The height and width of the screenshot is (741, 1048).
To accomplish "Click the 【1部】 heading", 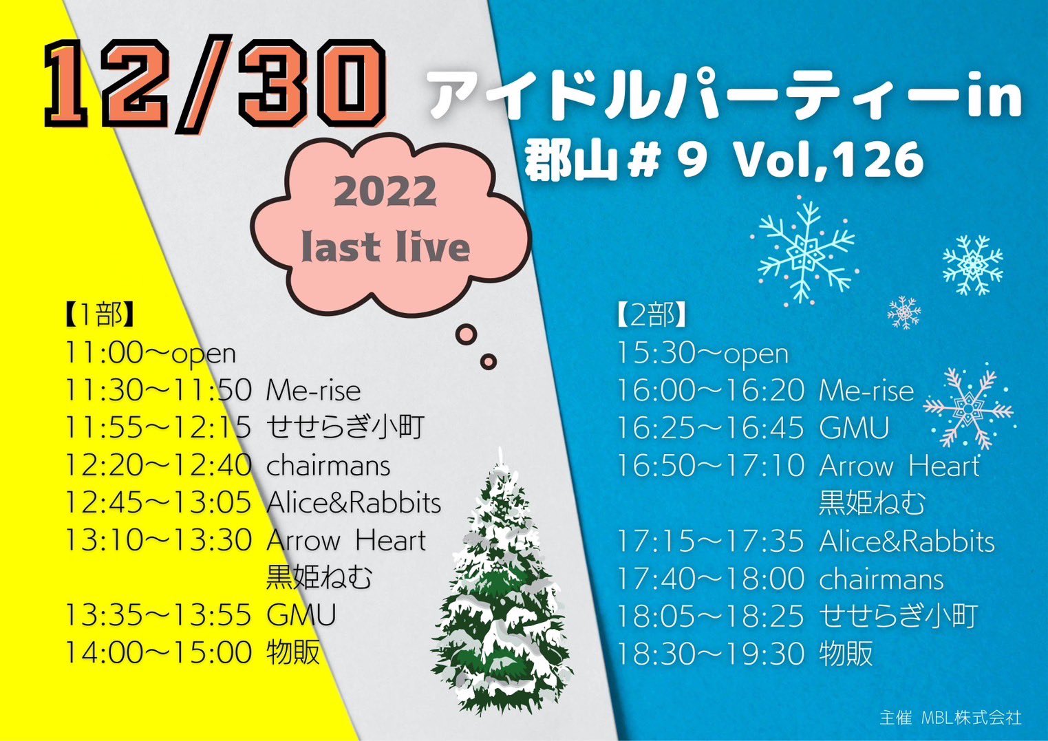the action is point(99,316).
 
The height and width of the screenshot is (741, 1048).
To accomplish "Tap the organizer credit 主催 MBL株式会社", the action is point(950,717).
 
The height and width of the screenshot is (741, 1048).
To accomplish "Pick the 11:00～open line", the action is point(150,353).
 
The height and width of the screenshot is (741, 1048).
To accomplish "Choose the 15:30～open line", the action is point(703,353).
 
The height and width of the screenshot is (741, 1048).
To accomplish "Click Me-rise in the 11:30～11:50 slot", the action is point(314,391).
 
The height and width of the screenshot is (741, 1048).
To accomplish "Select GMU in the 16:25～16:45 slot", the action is point(854,428).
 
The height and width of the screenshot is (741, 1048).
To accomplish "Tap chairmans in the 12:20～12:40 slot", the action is point(328,466).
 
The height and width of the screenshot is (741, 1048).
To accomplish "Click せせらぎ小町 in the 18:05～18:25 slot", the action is point(899,616).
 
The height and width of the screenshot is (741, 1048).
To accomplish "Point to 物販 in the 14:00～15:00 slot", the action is point(293,652).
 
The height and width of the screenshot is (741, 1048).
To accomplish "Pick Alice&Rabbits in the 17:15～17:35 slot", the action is point(907,541).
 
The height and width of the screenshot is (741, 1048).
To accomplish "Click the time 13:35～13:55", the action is point(158,616).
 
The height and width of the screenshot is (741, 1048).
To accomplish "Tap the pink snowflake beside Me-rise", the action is point(967,409).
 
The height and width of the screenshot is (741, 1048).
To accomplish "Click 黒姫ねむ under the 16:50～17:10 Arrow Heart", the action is point(872,504).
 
